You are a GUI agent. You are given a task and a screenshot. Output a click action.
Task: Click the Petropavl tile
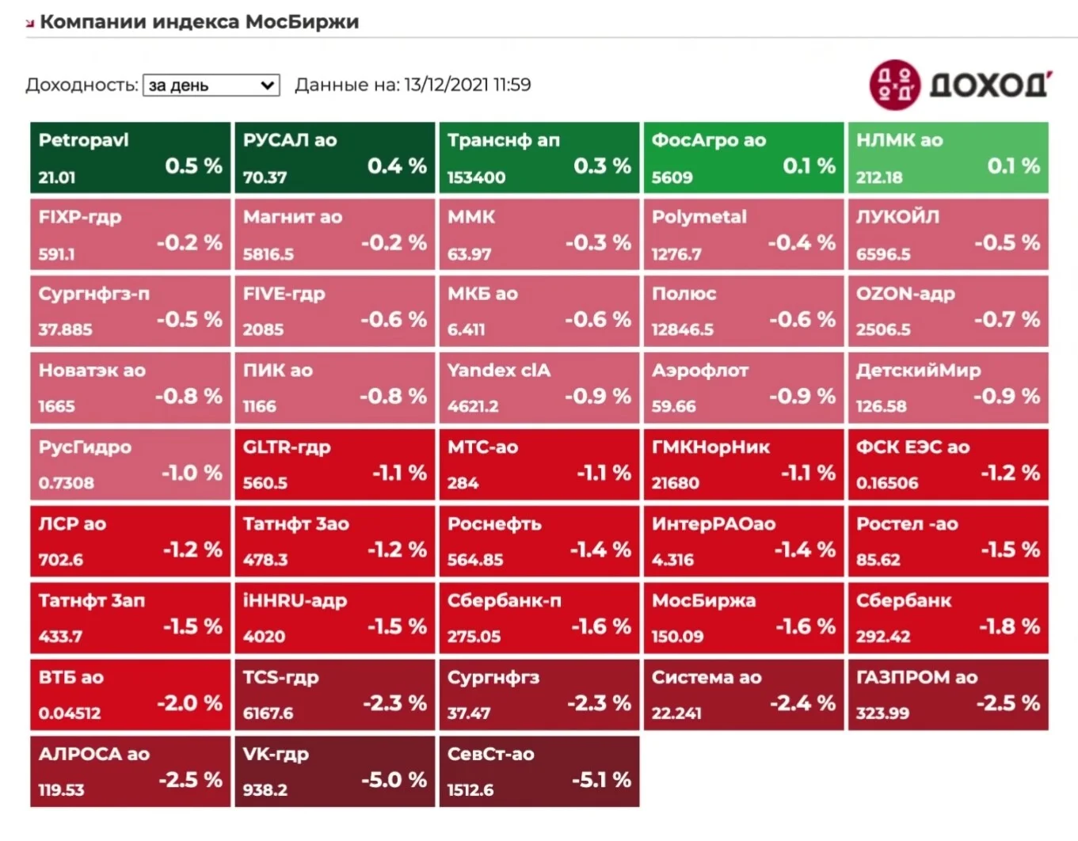130,157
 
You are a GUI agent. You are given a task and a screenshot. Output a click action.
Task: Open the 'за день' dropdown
211,86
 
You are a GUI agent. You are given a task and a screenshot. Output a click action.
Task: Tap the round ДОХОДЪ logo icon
895,85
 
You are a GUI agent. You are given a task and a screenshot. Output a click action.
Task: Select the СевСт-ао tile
539,771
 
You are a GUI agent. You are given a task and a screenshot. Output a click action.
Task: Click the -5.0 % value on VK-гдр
394,780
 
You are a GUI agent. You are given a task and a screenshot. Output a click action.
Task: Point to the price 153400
476,177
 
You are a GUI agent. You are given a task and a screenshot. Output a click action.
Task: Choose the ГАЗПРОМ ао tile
948,694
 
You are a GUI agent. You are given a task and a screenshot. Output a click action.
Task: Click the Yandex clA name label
498,371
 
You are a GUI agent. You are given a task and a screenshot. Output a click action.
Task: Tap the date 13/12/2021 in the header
447,85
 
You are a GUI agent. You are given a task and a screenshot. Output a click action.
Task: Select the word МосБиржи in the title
302,22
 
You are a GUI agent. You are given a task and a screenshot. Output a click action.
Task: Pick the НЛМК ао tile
948,157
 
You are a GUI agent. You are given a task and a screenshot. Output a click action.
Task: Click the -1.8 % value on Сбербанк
1010,626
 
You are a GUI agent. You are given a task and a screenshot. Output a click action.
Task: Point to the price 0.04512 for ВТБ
70,713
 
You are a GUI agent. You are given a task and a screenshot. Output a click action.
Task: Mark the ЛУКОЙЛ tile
948,234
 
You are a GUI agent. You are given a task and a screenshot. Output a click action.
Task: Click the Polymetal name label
699,217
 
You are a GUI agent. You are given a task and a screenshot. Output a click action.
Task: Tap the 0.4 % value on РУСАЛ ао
397,166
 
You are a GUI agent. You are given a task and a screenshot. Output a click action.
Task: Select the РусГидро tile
130,464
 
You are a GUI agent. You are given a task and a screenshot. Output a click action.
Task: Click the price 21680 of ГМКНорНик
675,483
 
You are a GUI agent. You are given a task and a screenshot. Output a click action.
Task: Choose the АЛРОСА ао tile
130,771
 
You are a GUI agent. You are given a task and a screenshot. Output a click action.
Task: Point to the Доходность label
82,86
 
